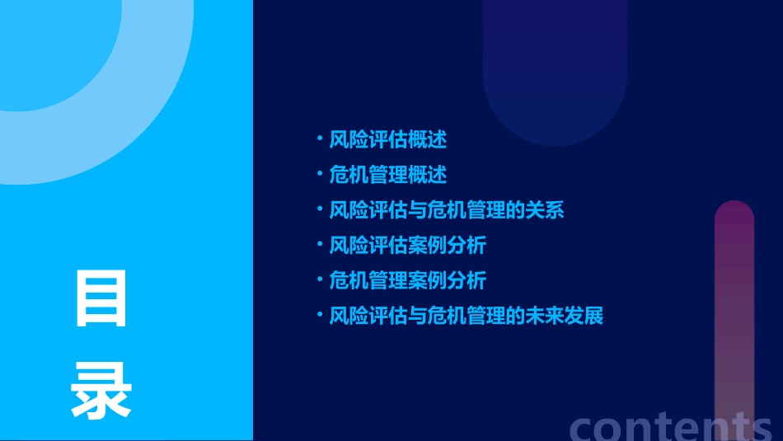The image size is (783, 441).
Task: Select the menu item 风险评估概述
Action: point(387,139)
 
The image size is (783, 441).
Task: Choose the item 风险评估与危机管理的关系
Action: point(446,209)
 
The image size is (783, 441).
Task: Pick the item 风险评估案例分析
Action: point(407,245)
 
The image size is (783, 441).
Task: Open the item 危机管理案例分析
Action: point(407,280)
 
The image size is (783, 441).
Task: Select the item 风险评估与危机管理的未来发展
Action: point(466,316)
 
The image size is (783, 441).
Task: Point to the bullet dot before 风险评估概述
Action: point(320,138)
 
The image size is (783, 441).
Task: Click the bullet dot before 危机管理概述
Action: point(320,173)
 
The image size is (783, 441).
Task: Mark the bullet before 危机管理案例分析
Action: point(320,279)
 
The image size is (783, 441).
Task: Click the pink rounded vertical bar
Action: point(734,313)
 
